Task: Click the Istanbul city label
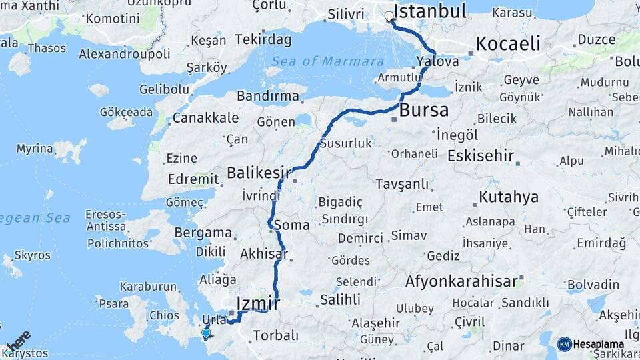point(430,11)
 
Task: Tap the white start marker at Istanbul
point(389,17)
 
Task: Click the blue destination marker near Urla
point(205,333)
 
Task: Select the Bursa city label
point(424,109)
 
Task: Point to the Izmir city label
point(259,304)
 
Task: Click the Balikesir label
point(259,173)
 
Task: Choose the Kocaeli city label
point(507,44)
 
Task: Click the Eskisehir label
point(481,156)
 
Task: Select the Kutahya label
point(508,197)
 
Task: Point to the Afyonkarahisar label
point(461,281)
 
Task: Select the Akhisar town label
point(263,253)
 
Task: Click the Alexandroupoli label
point(125,53)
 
